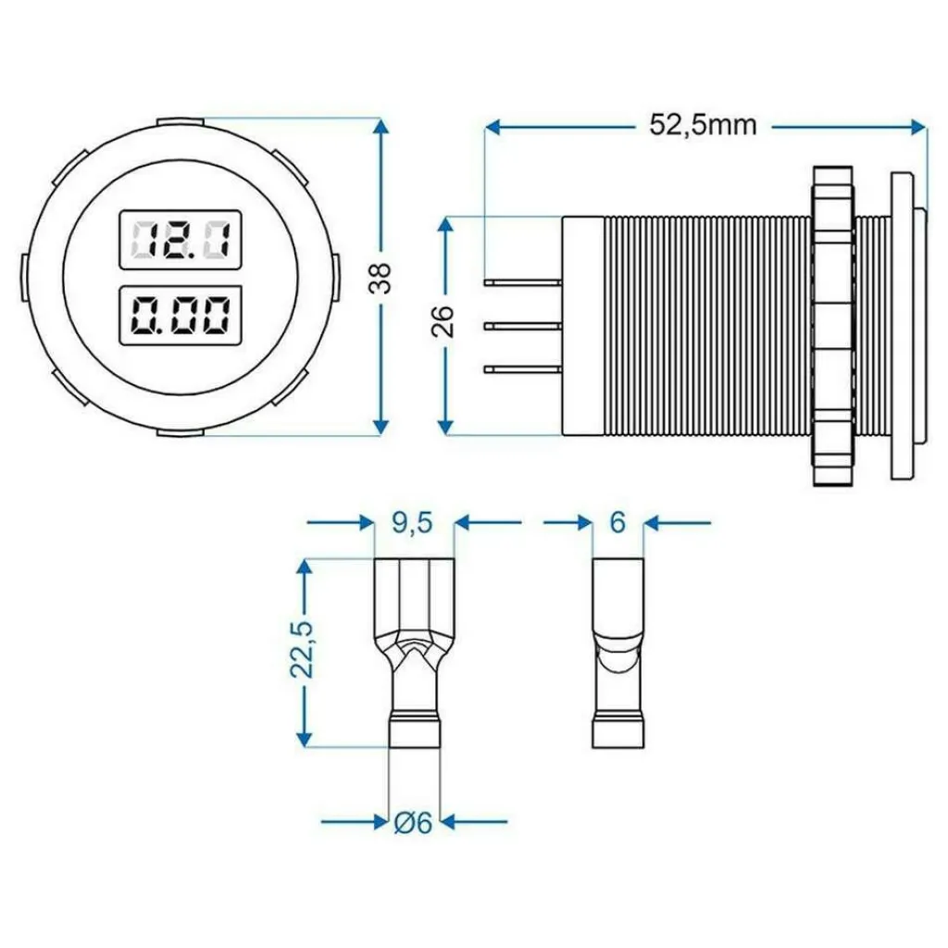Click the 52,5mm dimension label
click(703, 125)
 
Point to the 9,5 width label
click(414, 523)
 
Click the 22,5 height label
click(305, 652)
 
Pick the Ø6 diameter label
click(414, 822)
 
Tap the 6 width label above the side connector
click(617, 523)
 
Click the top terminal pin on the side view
click(523, 280)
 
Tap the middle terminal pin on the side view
click(523, 325)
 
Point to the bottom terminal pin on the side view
click(523, 370)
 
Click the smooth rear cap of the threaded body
click(583, 325)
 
